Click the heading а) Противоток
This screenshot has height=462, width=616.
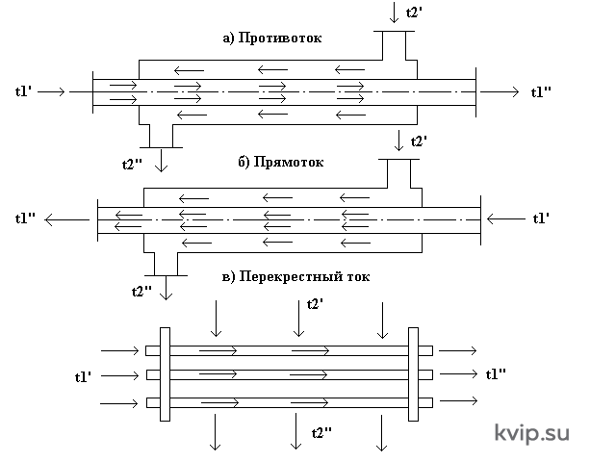(x=272, y=38)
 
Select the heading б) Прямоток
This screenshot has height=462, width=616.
(x=281, y=162)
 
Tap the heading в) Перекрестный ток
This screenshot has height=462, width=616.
(x=295, y=276)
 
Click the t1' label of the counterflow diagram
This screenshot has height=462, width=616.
(x=23, y=91)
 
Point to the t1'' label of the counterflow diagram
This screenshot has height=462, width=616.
(x=541, y=92)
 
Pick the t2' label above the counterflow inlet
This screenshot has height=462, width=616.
(x=414, y=13)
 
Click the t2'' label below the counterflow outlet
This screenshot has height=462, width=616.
(x=132, y=164)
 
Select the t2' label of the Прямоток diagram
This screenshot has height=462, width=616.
(x=419, y=141)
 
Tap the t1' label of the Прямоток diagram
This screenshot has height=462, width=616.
(x=541, y=218)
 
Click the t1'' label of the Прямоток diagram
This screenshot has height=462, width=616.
(x=25, y=218)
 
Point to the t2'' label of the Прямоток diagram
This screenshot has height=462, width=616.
(x=141, y=292)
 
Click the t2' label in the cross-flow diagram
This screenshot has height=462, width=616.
(x=315, y=304)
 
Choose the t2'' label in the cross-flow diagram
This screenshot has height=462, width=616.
(x=321, y=433)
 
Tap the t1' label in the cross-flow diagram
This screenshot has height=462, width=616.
(x=84, y=377)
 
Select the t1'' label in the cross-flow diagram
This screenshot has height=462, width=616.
(x=496, y=374)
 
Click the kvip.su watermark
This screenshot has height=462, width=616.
(x=531, y=432)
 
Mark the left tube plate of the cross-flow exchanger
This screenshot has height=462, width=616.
(x=165, y=374)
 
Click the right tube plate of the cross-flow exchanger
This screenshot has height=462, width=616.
(x=413, y=374)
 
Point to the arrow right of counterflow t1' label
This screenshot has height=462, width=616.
(x=51, y=92)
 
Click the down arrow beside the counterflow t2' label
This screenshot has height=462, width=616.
(x=394, y=13)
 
